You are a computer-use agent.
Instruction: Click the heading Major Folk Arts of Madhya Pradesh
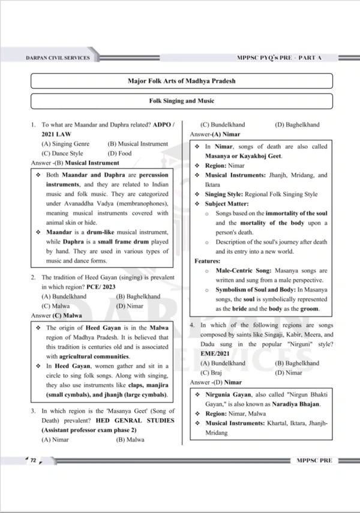pos(181,80)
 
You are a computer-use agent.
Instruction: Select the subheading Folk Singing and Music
pos(181,101)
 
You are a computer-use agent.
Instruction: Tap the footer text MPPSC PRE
pos(314,460)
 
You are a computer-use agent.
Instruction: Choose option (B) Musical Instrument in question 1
pos(138,144)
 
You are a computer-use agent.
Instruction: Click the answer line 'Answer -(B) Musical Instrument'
pos(75,163)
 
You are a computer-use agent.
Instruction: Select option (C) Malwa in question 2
pos(57,305)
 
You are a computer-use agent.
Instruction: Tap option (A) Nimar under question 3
pos(55,439)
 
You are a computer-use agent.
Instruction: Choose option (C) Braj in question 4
pos(212,373)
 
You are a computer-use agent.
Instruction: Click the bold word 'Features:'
pos(208,261)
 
